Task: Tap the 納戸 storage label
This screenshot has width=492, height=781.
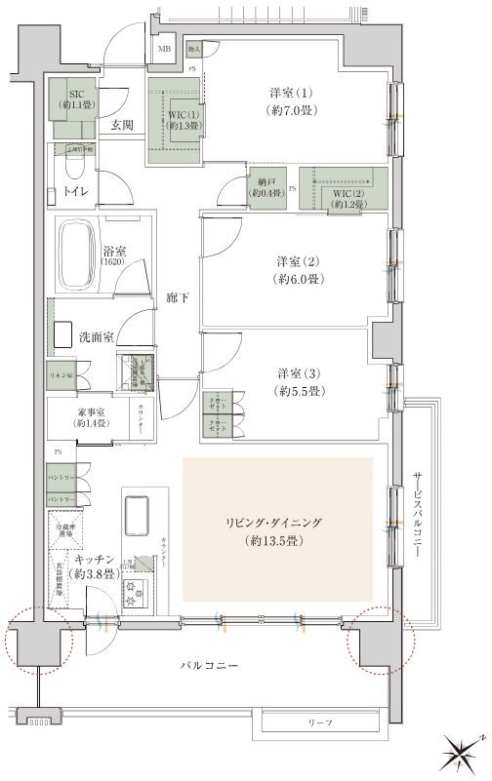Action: tap(265, 189)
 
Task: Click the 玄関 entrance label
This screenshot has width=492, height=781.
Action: tap(122, 125)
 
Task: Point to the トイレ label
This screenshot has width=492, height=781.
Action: tap(76, 192)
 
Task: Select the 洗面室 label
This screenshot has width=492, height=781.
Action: tap(96, 336)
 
